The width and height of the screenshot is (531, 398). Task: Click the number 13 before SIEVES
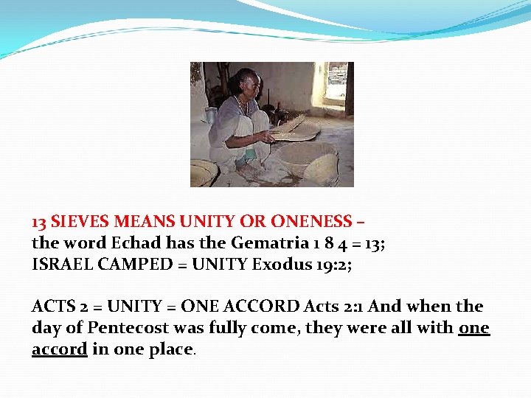pyautogui.click(x=39, y=221)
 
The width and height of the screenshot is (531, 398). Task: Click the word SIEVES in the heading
pyautogui.click(x=81, y=221)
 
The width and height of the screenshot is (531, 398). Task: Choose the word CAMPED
pyautogui.click(x=137, y=264)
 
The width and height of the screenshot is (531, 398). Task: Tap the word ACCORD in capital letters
pyautogui.click(x=263, y=306)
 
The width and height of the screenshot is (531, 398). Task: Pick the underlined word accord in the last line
pyautogui.click(x=60, y=349)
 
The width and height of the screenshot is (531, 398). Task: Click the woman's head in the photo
pyautogui.click(x=245, y=80)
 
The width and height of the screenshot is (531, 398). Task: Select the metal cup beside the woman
pyautogui.click(x=211, y=115)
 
